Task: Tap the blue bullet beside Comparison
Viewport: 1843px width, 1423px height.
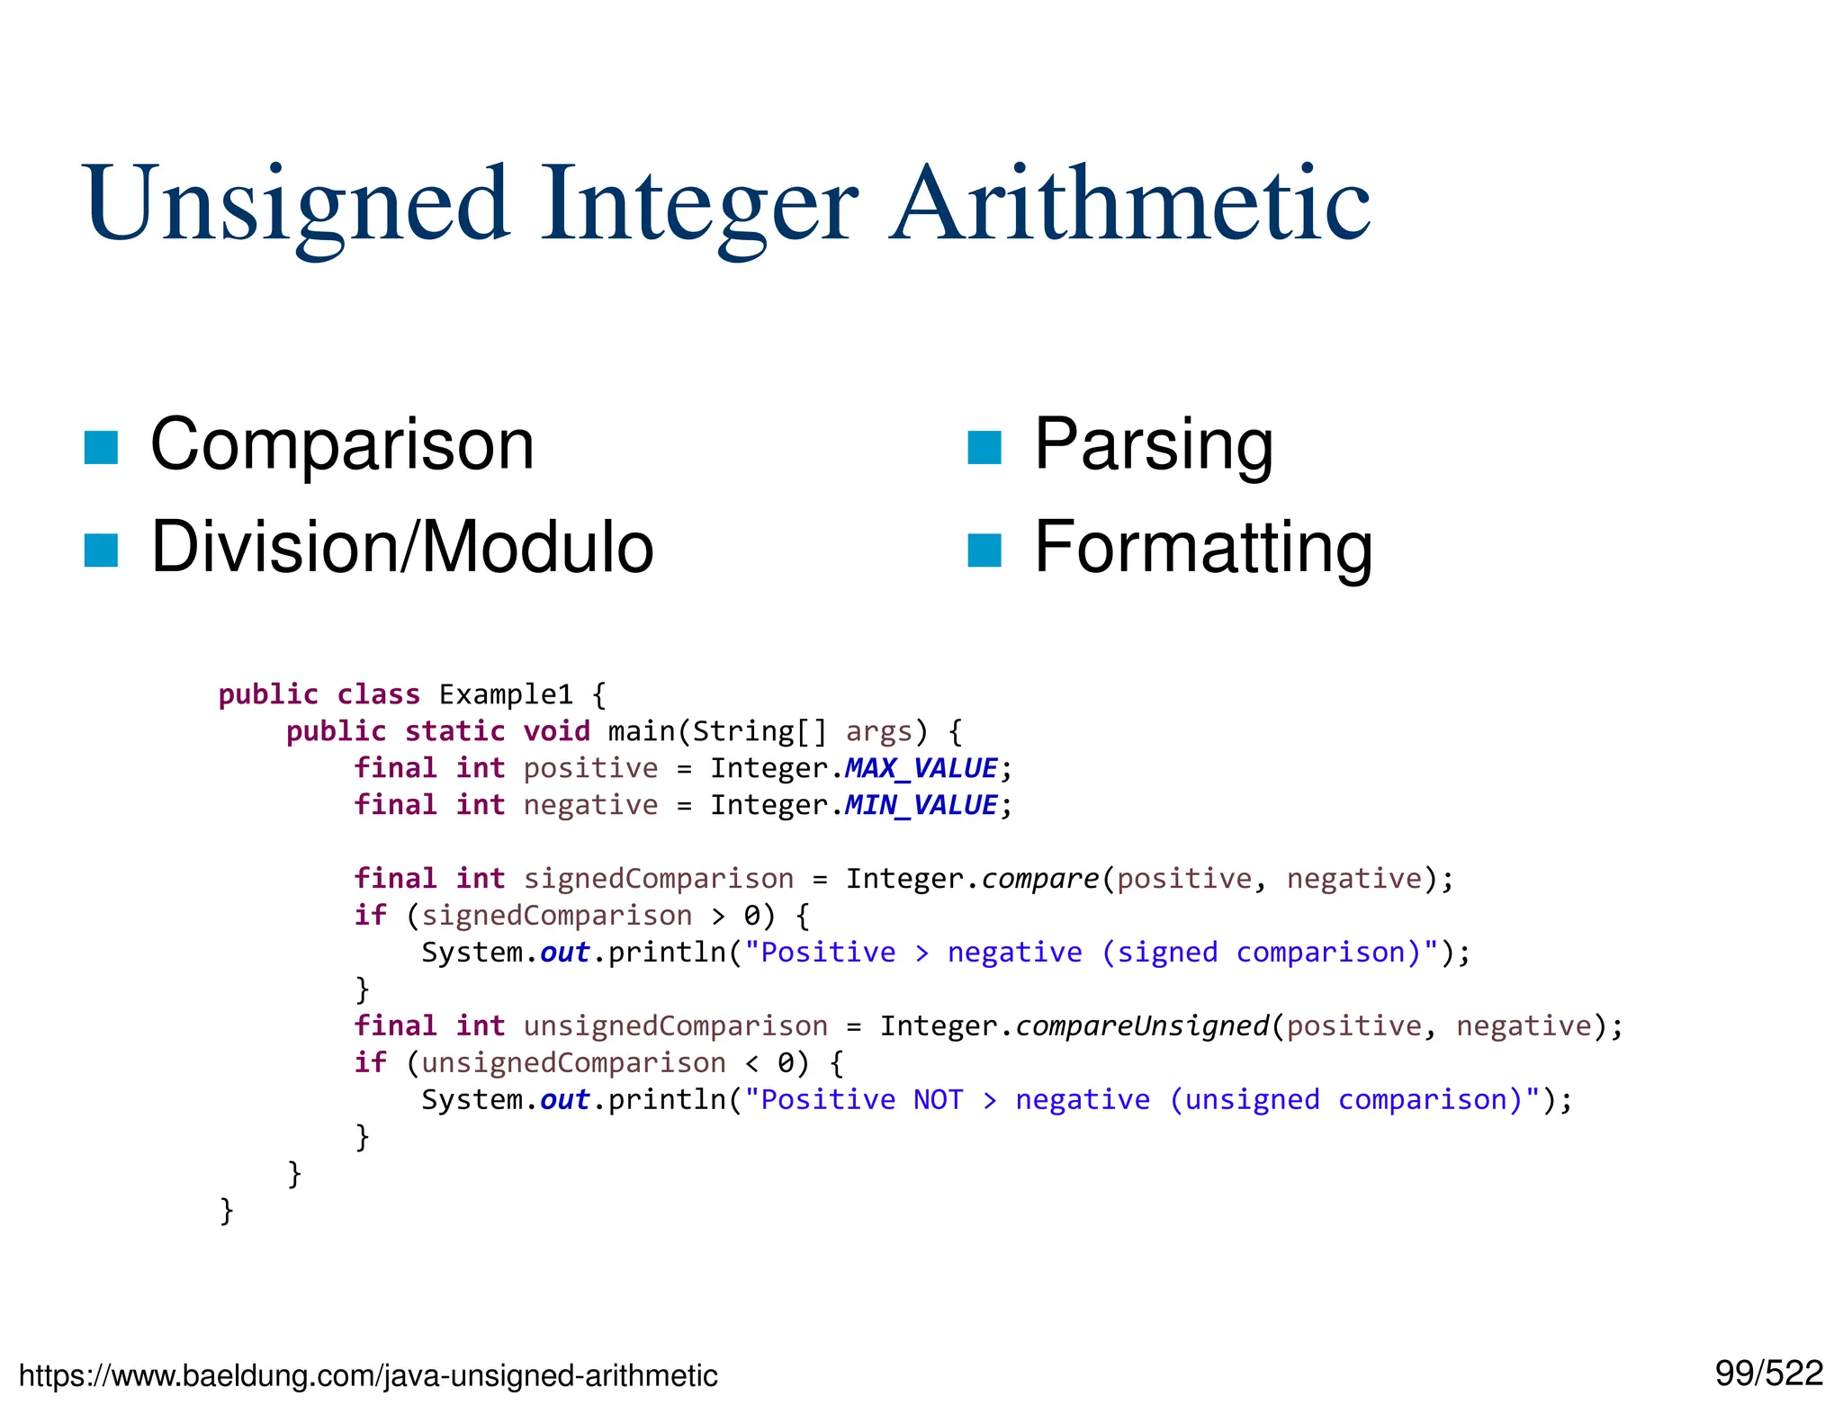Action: point(101,447)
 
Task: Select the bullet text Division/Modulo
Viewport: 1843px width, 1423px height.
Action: point(401,547)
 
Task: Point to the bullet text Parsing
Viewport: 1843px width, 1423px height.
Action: point(1153,445)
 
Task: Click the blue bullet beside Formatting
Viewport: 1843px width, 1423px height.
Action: point(984,550)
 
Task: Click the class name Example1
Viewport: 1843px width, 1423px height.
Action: point(506,694)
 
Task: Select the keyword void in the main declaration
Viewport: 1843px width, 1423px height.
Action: point(556,731)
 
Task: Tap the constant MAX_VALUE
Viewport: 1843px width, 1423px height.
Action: point(920,768)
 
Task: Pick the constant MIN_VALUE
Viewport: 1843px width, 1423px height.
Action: point(920,805)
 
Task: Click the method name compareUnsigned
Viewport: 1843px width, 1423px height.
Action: point(1142,1026)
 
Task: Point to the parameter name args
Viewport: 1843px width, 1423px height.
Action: point(879,731)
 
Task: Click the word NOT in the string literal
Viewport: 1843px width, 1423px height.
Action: point(938,1100)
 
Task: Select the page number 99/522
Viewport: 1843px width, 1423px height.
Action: point(1768,1374)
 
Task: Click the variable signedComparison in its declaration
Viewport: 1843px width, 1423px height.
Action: point(658,879)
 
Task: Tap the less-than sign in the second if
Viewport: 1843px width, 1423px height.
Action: point(751,1064)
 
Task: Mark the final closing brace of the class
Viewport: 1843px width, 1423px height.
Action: point(227,1211)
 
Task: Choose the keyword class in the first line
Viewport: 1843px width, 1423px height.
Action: point(378,694)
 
